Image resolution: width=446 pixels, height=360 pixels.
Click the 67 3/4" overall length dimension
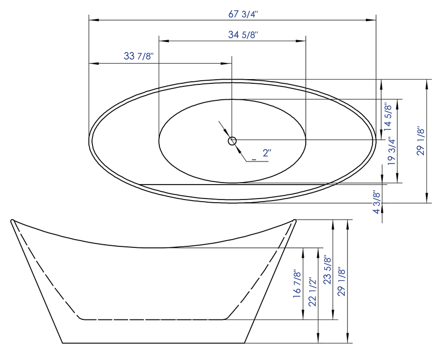243,14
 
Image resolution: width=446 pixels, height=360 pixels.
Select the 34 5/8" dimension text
243,35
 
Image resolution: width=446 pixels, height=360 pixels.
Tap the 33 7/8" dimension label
139,56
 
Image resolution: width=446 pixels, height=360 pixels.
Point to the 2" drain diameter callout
267,153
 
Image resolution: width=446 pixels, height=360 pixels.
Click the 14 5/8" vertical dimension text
387,117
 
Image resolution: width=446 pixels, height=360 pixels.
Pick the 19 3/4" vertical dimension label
392,151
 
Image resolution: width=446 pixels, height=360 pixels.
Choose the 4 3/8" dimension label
377,202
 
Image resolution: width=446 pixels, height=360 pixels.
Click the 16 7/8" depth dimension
296,284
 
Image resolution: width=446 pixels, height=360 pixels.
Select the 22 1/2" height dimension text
312,292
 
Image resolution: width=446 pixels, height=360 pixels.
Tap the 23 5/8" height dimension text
328,270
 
